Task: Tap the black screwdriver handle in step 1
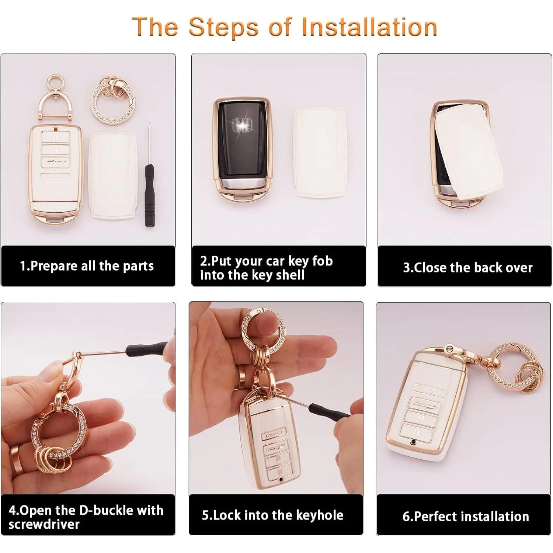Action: point(149,195)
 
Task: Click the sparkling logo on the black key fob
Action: point(242,125)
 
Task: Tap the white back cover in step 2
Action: point(320,153)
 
